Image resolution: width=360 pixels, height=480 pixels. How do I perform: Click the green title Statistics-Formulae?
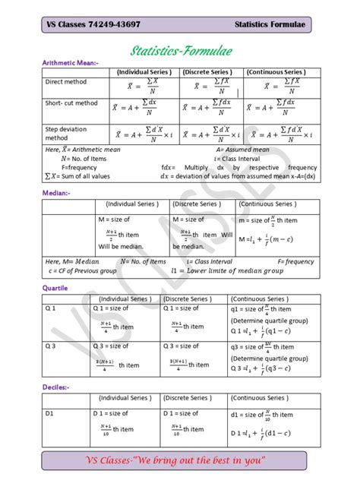[x=181, y=52]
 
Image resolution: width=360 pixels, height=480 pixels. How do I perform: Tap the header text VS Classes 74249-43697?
[x=93, y=25]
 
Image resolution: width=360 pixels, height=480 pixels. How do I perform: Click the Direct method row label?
[x=66, y=81]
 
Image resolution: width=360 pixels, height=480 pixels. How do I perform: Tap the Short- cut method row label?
[x=71, y=103]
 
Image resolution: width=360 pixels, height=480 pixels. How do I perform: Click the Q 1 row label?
[x=51, y=308]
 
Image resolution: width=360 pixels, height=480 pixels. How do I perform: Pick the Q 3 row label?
[x=51, y=346]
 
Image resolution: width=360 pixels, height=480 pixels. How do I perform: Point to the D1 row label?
[x=50, y=413]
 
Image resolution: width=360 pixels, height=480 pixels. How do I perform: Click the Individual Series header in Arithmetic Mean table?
[x=144, y=71]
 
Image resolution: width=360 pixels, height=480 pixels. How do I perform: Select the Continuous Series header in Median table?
[x=267, y=204]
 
